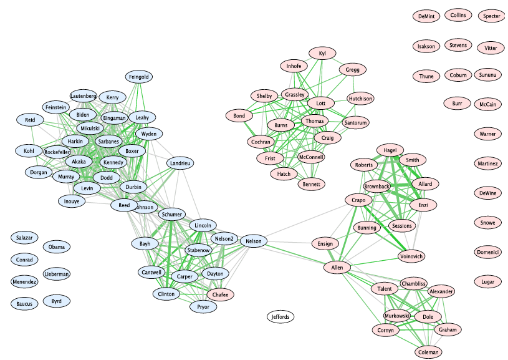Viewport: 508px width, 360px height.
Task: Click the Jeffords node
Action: click(x=281, y=317)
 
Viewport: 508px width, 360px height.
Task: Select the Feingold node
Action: click(x=139, y=77)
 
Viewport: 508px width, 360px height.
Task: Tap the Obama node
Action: click(x=57, y=246)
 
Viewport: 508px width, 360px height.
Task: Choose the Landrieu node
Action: click(x=180, y=163)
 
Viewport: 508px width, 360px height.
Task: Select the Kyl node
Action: click(x=322, y=54)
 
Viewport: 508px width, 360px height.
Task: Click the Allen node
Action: click(x=337, y=268)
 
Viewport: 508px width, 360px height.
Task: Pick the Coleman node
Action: click(x=428, y=352)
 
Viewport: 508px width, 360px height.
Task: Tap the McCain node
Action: click(x=487, y=105)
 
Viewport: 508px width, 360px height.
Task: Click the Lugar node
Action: click(x=487, y=282)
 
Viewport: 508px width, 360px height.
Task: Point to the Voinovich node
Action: click(x=411, y=256)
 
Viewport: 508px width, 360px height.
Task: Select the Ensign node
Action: click(x=325, y=243)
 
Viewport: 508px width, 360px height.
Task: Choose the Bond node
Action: click(x=239, y=116)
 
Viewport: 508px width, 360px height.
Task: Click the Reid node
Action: click(x=31, y=120)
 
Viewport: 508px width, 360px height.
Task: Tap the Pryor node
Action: click(x=203, y=307)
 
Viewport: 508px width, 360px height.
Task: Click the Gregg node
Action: click(x=353, y=69)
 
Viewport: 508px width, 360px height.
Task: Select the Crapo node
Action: click(x=358, y=200)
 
